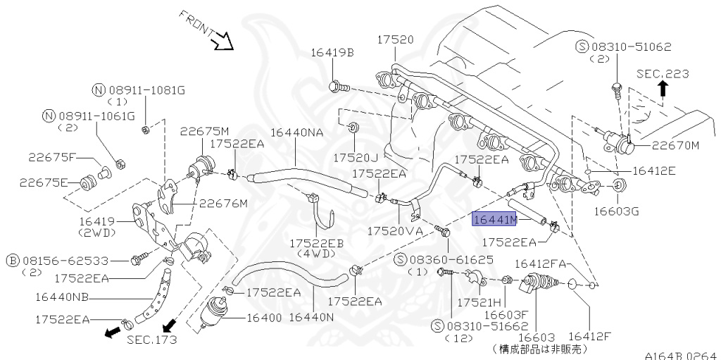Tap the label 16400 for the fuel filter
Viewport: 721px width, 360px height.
(x=264, y=318)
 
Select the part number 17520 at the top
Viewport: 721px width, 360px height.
(x=395, y=39)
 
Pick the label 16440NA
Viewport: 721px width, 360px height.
(x=298, y=132)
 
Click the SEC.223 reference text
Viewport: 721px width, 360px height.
(x=663, y=73)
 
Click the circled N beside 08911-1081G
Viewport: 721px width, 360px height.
(x=99, y=90)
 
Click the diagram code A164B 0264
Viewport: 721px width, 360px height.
(x=682, y=355)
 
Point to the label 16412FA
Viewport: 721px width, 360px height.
(x=541, y=263)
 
